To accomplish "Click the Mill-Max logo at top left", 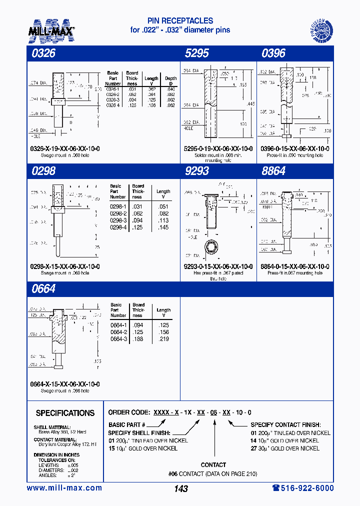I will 51,29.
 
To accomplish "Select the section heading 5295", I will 196,53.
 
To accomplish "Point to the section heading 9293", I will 196,171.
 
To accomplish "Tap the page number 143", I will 180,488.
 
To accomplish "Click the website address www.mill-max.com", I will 64,488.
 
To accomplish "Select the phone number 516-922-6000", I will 302,488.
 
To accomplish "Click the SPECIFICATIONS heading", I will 65,413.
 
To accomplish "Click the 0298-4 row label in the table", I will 118,227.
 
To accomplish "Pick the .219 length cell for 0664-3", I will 163,338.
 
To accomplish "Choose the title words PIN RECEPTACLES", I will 180,21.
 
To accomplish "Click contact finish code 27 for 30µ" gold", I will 253,448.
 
